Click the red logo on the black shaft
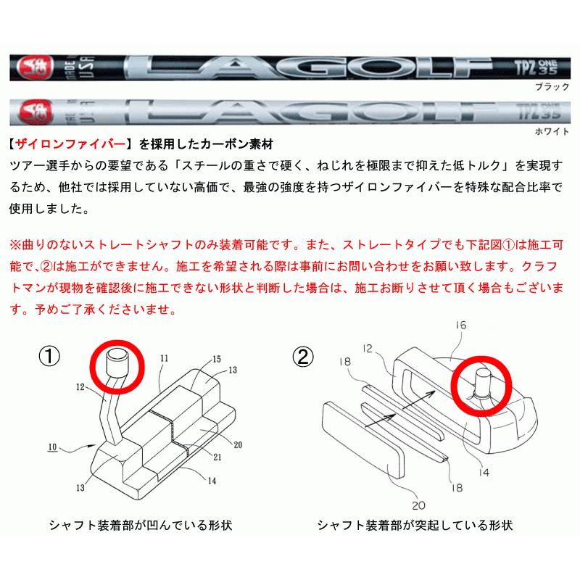[x=35, y=67]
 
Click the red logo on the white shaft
[x=35, y=112]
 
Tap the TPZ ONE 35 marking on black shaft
[x=536, y=67]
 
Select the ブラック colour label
[x=552, y=87]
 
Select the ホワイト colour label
[x=552, y=131]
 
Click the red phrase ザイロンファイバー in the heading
[x=70, y=144]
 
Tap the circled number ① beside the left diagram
[x=49, y=357]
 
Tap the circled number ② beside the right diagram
[x=303, y=357]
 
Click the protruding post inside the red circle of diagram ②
[x=482, y=384]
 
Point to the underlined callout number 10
[x=52, y=447]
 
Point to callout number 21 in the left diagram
[x=217, y=457]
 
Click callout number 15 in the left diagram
[x=217, y=359]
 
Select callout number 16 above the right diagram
[x=461, y=325]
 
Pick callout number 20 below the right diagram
[x=419, y=505]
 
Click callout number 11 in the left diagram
[x=165, y=358]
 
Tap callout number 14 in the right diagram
[x=484, y=473]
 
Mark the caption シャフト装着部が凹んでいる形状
[x=141, y=525]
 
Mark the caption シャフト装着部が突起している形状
[x=415, y=525]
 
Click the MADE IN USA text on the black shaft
[x=81, y=67]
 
